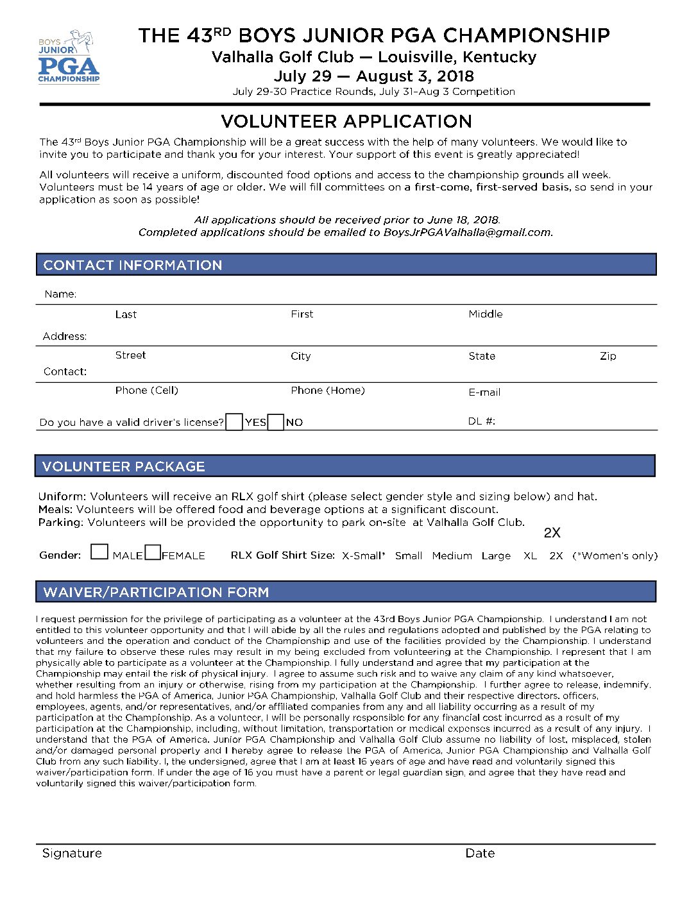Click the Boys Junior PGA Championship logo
pyautogui.click(x=69, y=56)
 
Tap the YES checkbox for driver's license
pyautogui.click(x=234, y=422)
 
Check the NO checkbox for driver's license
pyautogui.click(x=276, y=422)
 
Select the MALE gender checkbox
pyautogui.click(x=99, y=552)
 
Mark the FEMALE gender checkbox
pyautogui.click(x=153, y=552)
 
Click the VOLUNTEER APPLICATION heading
pyautogui.click(x=346, y=121)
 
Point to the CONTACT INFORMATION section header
pyautogui.click(x=132, y=265)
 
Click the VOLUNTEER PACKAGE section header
pyautogui.click(x=124, y=466)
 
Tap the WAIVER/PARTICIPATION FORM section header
pyautogui.click(x=156, y=592)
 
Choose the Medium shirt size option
pyautogui.click(x=452, y=555)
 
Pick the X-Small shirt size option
pyautogui.click(x=363, y=555)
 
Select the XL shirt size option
pyautogui.click(x=530, y=555)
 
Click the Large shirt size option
pyautogui.click(x=496, y=555)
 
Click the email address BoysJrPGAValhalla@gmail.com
pyautogui.click(x=467, y=232)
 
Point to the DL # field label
pyautogui.click(x=481, y=421)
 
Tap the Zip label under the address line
pyautogui.click(x=608, y=356)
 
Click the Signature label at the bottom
pyautogui.click(x=72, y=853)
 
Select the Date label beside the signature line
pyautogui.click(x=480, y=853)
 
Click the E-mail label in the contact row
pyautogui.click(x=484, y=392)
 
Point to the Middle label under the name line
pyautogui.click(x=485, y=314)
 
